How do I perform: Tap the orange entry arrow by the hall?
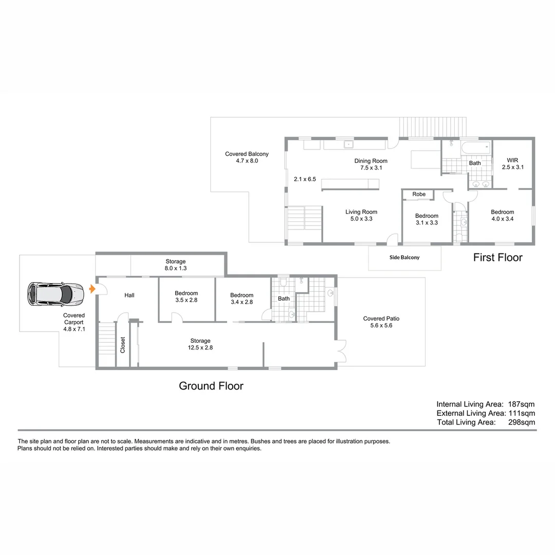click(x=92, y=289)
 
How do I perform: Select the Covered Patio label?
click(x=381, y=322)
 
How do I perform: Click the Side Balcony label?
click(x=404, y=257)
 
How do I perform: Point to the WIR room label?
click(x=512, y=163)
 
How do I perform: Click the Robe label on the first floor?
click(x=419, y=194)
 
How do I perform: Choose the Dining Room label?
click(x=371, y=164)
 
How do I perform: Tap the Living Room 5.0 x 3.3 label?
click(x=361, y=215)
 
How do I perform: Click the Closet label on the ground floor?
click(x=123, y=344)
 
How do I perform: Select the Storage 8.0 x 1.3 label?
click(x=175, y=265)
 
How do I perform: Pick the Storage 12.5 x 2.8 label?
click(x=200, y=344)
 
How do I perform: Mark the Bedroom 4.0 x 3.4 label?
click(x=502, y=215)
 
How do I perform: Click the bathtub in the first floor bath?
click(x=476, y=148)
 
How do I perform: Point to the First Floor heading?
click(x=497, y=257)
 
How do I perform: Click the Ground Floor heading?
click(x=211, y=385)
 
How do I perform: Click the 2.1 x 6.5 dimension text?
click(x=305, y=179)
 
